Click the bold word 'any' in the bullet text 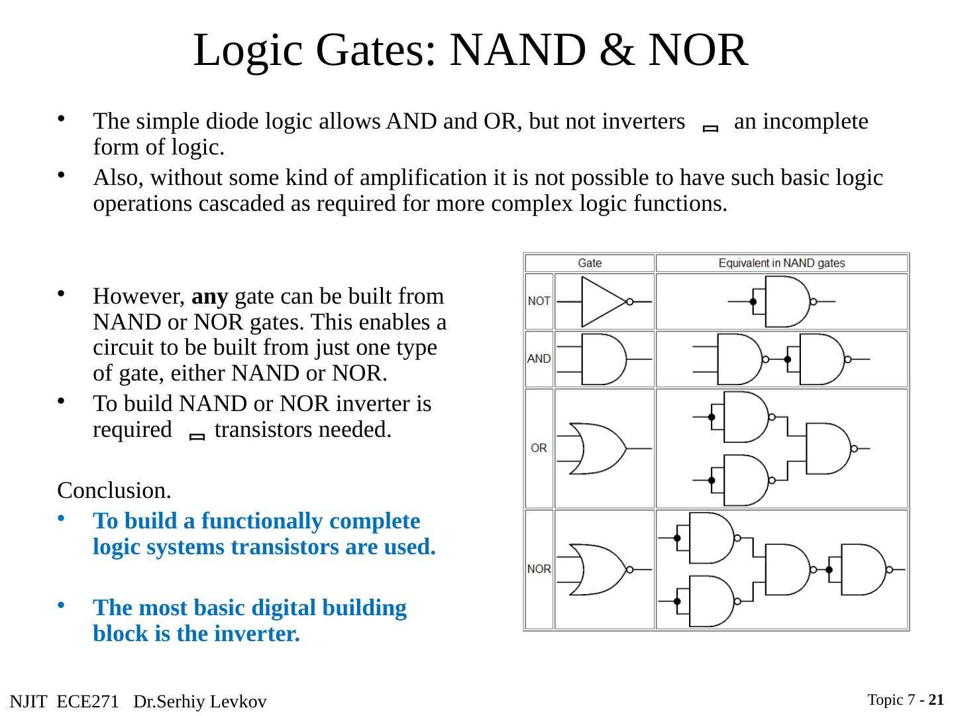tap(209, 296)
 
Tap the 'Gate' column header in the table tap(589, 263)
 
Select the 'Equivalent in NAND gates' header tap(781, 263)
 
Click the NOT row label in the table tap(539, 301)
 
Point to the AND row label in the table tap(539, 359)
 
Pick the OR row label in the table tap(539, 448)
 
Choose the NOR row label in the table tap(539, 569)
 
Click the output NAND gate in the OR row tap(827, 448)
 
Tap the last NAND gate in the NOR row tap(863, 569)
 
